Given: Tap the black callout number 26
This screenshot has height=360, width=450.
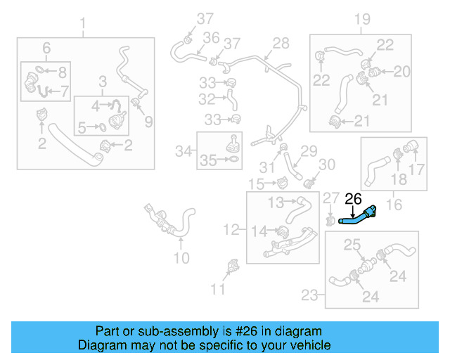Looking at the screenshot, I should (353, 199).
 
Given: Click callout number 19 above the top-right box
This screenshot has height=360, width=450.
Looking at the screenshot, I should (361, 19).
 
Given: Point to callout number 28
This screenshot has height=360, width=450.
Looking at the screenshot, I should (281, 44).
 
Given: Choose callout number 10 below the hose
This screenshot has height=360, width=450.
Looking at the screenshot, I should (181, 258).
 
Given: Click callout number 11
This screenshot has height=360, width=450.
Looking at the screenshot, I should (219, 289).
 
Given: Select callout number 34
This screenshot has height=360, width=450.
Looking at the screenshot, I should (184, 150).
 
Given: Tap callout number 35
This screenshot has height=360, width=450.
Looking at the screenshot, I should (208, 160).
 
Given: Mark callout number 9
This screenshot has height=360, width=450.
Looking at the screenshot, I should (148, 122).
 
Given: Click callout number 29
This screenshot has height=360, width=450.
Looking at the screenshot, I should (309, 150).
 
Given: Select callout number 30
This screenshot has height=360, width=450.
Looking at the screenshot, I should (328, 165).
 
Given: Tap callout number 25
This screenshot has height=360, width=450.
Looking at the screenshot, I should (352, 245).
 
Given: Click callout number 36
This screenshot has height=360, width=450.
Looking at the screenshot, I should (211, 37).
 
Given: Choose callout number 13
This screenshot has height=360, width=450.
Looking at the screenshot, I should (277, 203).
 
